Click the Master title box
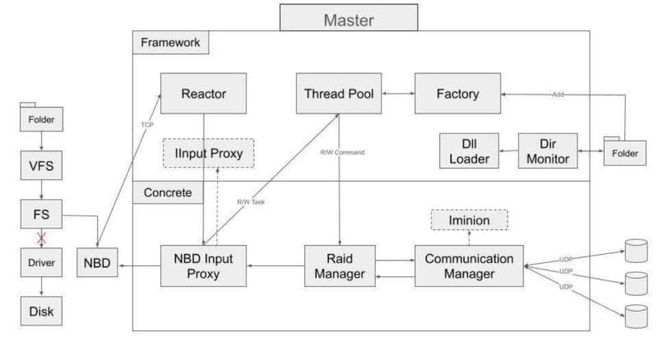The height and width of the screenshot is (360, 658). [x=348, y=18]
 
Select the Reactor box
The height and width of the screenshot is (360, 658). [x=203, y=94]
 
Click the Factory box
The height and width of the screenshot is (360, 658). [x=458, y=94]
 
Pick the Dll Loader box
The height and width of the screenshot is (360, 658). [x=469, y=151]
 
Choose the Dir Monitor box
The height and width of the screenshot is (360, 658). [x=548, y=151]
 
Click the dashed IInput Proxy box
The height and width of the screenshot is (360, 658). [x=209, y=153]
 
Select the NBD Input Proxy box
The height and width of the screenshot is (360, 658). [x=203, y=266]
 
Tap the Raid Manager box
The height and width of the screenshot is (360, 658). [x=340, y=266]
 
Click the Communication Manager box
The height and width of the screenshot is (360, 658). [x=469, y=266]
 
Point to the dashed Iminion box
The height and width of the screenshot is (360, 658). [x=469, y=220]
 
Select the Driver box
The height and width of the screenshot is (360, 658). [x=40, y=263]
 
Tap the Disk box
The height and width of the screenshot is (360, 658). [x=40, y=311]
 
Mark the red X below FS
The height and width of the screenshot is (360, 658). [x=40, y=238]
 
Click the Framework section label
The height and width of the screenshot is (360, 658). [x=170, y=41]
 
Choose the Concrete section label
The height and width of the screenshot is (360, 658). [x=167, y=192]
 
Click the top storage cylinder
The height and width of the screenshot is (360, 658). [x=636, y=248]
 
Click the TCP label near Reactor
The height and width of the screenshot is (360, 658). [x=147, y=126]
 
